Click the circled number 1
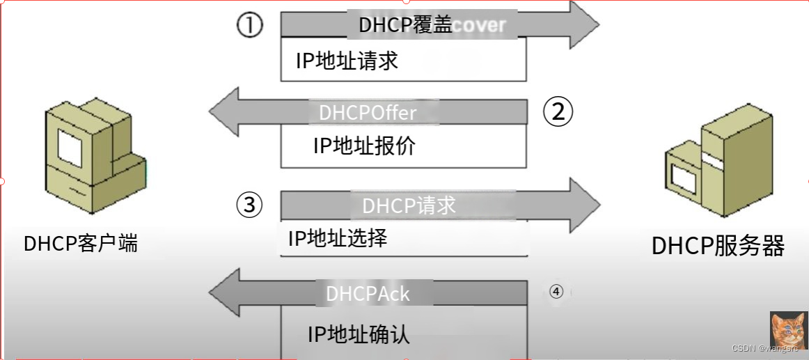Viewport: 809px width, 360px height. (x=249, y=26)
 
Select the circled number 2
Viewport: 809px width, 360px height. (x=558, y=112)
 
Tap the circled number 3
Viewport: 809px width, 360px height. (x=249, y=205)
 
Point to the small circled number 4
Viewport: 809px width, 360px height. (x=556, y=291)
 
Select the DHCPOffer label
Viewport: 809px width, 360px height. (x=368, y=113)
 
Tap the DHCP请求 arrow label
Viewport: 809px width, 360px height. (x=409, y=205)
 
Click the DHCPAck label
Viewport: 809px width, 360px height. (x=368, y=293)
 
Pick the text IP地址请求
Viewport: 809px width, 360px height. (x=347, y=61)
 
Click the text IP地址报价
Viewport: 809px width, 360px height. (x=364, y=146)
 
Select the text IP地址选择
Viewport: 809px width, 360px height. (x=338, y=239)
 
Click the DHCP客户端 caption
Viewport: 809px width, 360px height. (x=81, y=243)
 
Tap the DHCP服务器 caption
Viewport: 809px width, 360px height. (x=718, y=245)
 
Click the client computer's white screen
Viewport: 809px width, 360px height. (x=70, y=148)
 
